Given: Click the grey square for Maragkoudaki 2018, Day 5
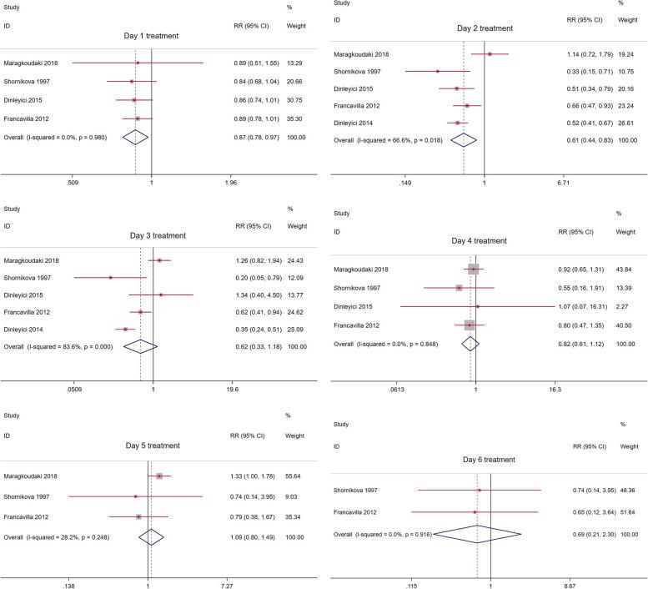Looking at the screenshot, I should [x=159, y=453].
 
